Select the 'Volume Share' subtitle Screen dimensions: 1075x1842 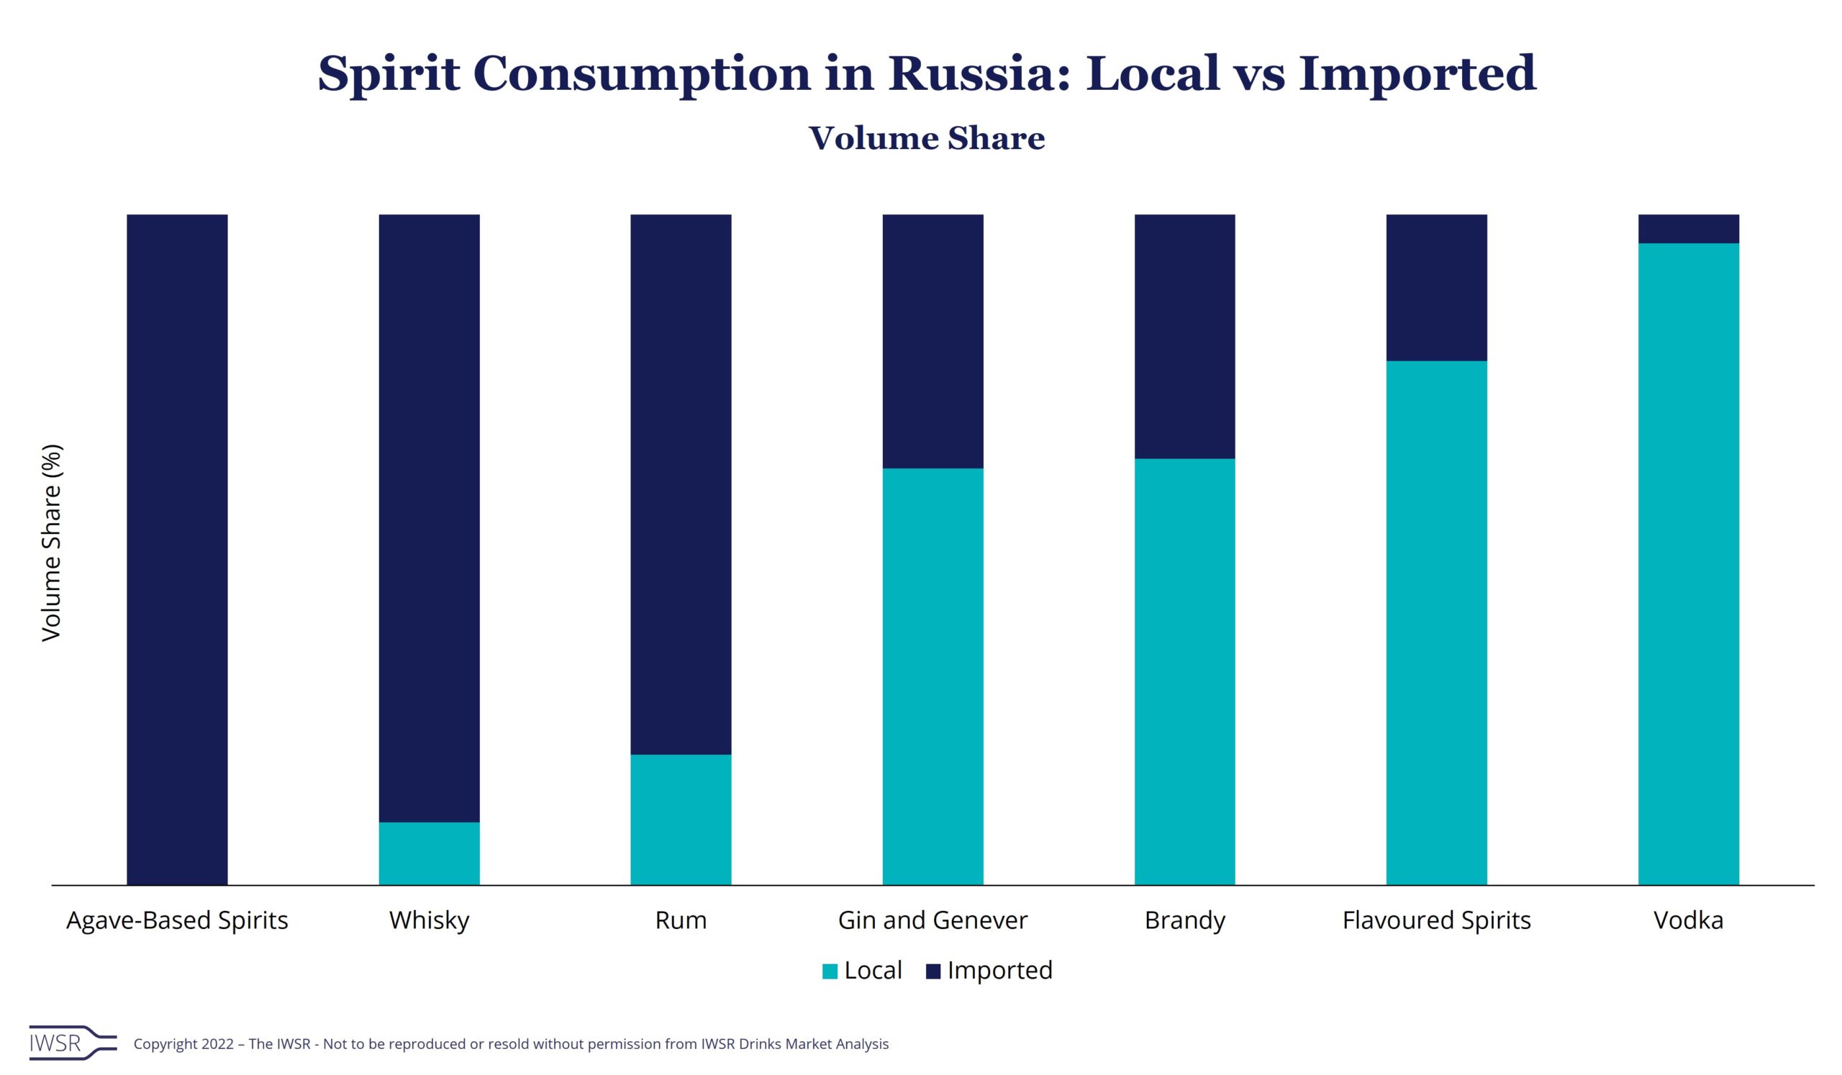point(926,138)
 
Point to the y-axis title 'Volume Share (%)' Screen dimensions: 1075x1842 point(52,543)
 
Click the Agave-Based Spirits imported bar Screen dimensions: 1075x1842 point(177,549)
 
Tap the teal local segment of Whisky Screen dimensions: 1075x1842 point(429,853)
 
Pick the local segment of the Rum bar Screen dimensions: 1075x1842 point(681,820)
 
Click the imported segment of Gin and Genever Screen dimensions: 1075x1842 point(933,340)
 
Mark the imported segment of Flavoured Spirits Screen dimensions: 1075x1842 point(1436,287)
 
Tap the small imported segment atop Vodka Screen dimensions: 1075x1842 point(1689,229)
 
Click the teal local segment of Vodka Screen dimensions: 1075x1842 point(1689,563)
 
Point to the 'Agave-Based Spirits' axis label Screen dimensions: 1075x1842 point(177,920)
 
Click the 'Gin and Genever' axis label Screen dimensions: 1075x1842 point(933,920)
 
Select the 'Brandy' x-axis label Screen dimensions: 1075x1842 point(1184,920)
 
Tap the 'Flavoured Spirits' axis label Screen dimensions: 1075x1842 point(1436,920)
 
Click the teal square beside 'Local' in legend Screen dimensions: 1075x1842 point(830,971)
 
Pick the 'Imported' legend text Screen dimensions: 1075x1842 point(999,971)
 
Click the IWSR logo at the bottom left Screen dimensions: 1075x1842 point(72,1043)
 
